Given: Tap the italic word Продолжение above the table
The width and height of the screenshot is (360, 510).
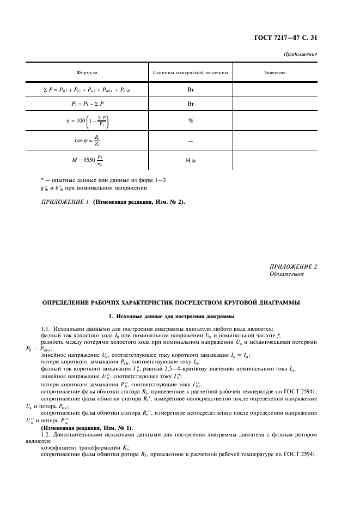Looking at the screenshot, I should pyautogui.click(x=301, y=55).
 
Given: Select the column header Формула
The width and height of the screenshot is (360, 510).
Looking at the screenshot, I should pyautogui.click(x=87, y=72).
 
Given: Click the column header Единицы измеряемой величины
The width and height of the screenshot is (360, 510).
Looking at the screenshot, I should pyautogui.click(x=191, y=72).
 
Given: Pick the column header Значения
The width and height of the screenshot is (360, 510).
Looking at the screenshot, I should pyautogui.click(x=275, y=72).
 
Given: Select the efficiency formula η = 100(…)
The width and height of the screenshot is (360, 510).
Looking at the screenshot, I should pyautogui.click(x=87, y=121).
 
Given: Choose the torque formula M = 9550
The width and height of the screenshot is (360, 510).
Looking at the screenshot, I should pyautogui.click(x=87, y=161).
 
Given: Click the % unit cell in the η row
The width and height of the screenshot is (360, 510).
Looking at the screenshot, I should pyautogui.click(x=191, y=121).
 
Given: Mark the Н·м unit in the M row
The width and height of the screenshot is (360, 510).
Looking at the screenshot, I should pyautogui.click(x=191, y=161).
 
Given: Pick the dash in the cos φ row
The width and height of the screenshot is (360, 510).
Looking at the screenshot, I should pyautogui.click(x=191, y=141).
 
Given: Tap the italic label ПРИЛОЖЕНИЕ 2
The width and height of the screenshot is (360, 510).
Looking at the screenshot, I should pyautogui.click(x=293, y=266).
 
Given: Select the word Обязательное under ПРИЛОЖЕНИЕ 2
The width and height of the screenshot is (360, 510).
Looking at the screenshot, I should pyautogui.click(x=287, y=274).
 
